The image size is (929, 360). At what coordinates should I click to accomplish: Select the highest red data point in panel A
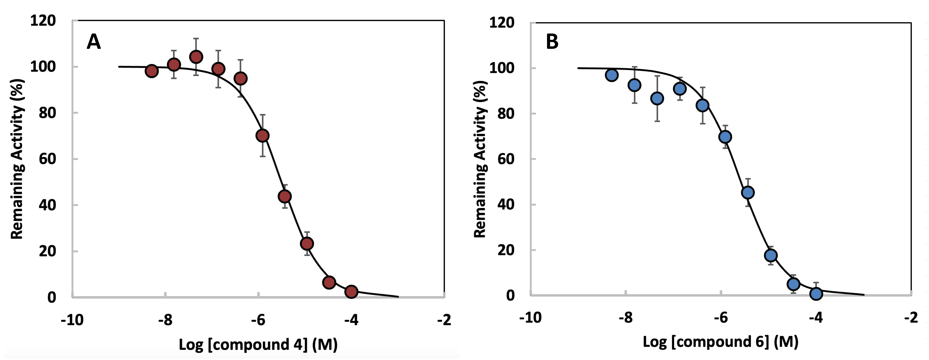(196, 57)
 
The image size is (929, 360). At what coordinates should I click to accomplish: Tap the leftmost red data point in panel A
(152, 71)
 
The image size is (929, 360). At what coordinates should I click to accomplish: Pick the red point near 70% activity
(262, 136)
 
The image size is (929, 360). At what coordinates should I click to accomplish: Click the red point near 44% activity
(285, 196)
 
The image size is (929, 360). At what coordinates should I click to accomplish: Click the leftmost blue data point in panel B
(612, 75)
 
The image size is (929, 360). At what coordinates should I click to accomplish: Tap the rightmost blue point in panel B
(816, 294)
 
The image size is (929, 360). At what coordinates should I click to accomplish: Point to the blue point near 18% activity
(771, 255)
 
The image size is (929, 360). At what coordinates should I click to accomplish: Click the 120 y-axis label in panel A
(43, 21)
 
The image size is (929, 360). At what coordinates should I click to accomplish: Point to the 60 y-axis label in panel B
(506, 159)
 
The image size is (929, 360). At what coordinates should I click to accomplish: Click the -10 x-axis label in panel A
(72, 320)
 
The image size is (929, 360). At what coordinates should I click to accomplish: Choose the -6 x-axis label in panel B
(721, 318)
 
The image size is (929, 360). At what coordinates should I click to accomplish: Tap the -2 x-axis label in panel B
(911, 318)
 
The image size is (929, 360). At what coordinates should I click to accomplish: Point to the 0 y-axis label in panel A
(52, 298)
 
